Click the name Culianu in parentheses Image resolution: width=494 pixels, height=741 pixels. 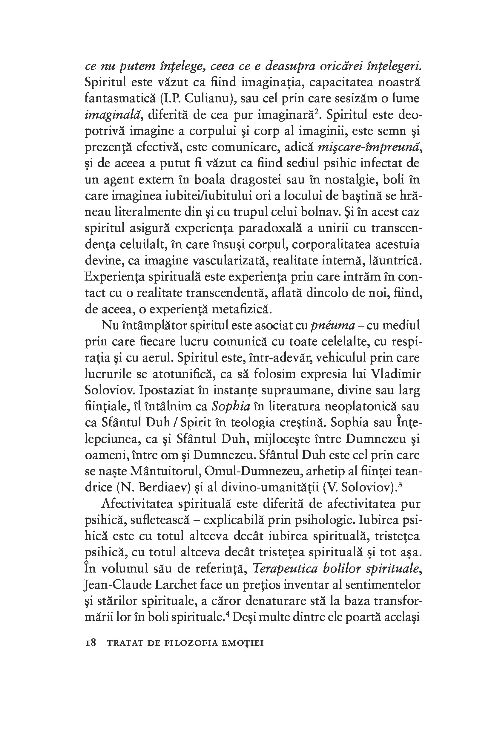coord(207,99)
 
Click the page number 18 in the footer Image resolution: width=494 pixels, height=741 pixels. coord(90,643)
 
